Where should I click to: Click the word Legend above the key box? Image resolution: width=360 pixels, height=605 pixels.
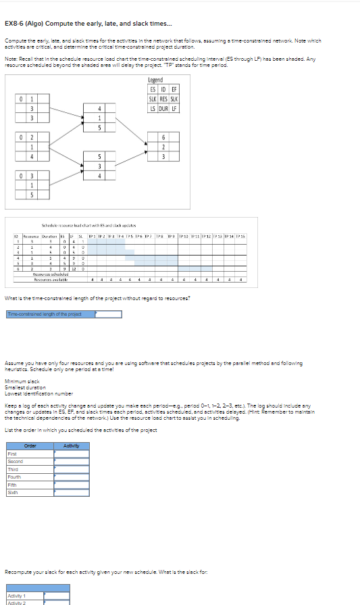pyautogui.click(x=156, y=80)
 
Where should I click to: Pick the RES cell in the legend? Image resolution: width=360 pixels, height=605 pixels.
pyautogui.click(x=163, y=98)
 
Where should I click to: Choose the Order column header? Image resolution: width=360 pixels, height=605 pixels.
pyautogui.click(x=30, y=445)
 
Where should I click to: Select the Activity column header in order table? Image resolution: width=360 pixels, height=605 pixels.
pyautogui.click(x=71, y=445)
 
